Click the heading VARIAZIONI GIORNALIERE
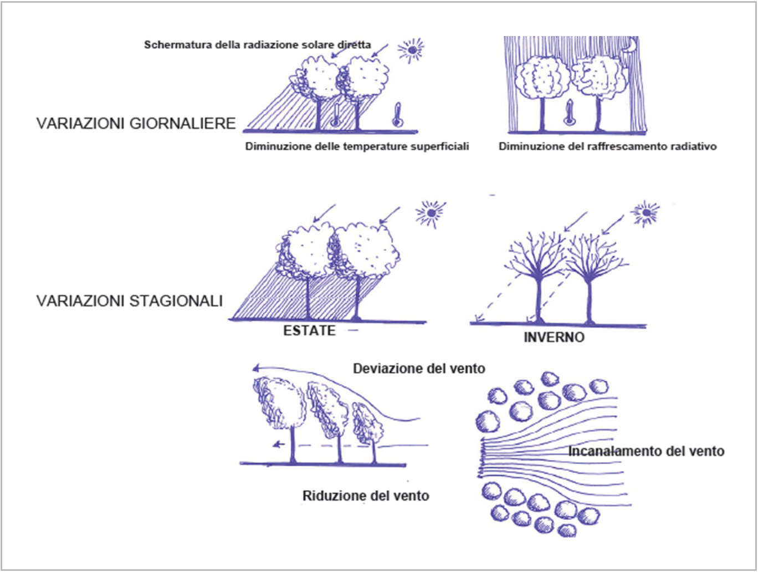[136, 123]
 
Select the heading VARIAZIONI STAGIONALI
[130, 301]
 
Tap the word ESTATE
[309, 331]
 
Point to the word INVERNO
[554, 338]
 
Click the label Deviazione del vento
[419, 369]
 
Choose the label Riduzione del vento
[366, 496]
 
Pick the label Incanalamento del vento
[646, 451]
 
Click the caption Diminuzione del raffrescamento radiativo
[607, 146]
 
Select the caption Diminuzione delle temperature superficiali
[357, 146]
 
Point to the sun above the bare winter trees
[645, 213]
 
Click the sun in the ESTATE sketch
[431, 214]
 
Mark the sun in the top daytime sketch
[411, 50]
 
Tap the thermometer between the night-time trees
[569, 112]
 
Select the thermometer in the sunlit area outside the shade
[398, 114]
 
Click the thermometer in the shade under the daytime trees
[336, 114]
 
